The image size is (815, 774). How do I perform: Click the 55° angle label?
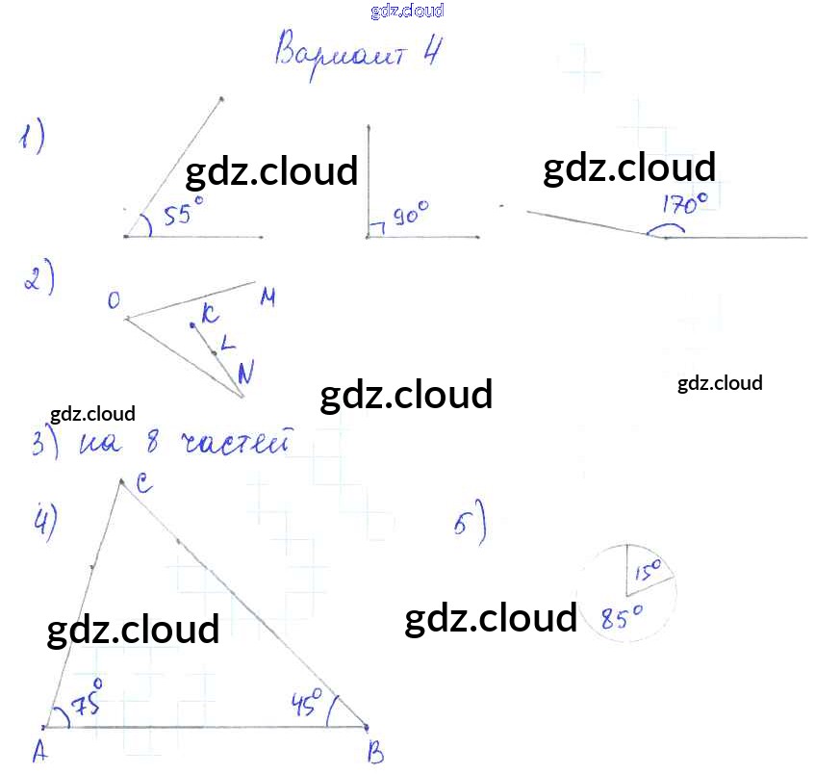(183, 213)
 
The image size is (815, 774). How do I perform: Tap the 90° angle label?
(410, 215)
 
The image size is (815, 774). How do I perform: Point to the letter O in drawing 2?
(115, 302)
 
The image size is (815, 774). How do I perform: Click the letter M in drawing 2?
(267, 299)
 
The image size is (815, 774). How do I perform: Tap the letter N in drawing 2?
(245, 374)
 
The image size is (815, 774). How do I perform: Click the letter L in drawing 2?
(227, 342)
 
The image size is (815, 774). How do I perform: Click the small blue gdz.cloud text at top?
(407, 12)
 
